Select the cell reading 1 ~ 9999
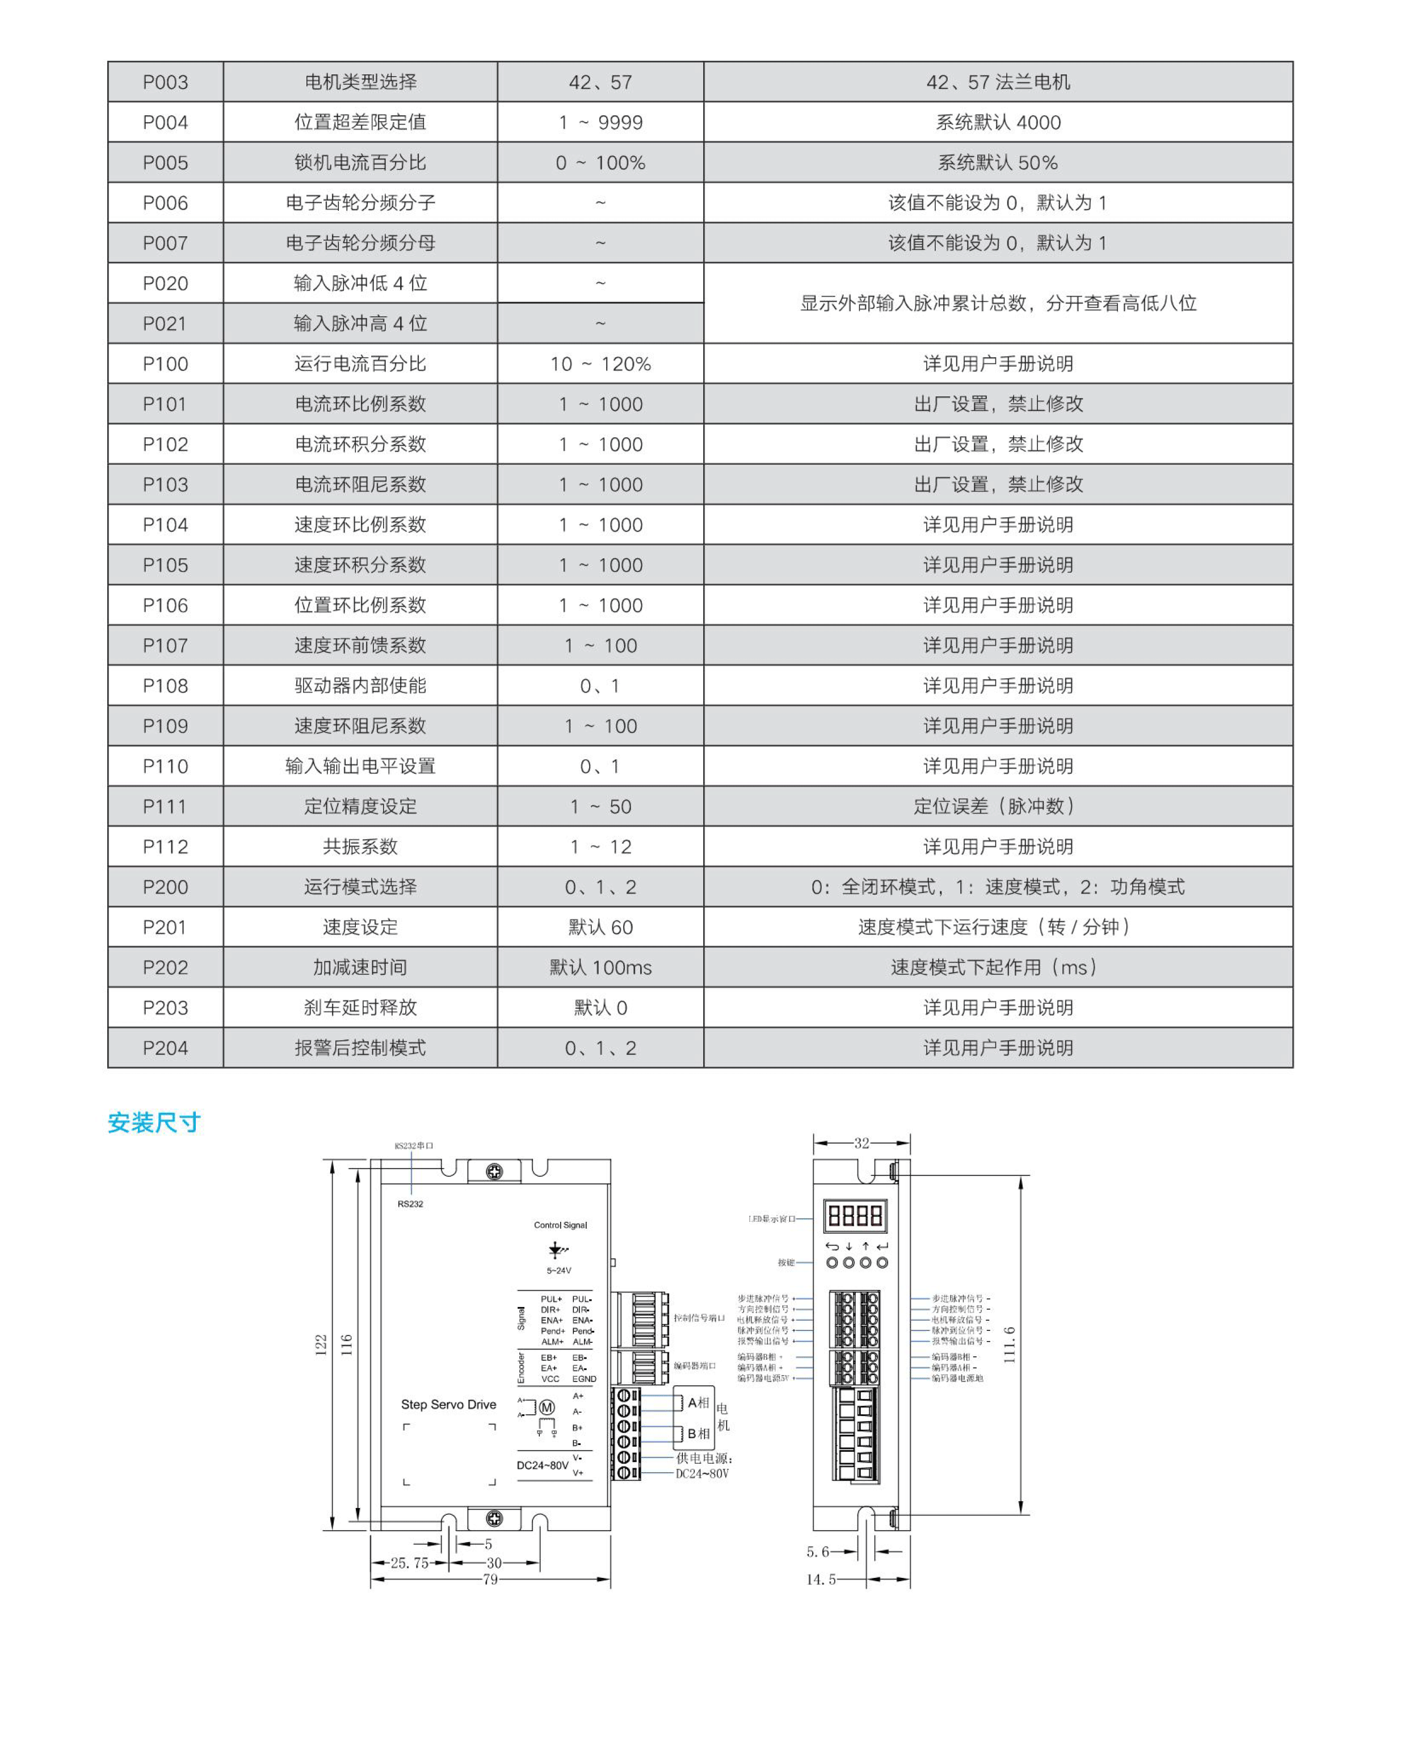[600, 123]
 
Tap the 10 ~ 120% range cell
[600, 363]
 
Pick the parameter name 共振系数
[360, 846]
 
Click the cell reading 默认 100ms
[600, 967]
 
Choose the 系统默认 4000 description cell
[998, 123]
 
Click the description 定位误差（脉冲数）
[998, 806]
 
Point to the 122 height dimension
[321, 1345]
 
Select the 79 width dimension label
[490, 1579]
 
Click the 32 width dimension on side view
[861, 1144]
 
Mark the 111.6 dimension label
[1009, 1345]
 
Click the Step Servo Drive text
[448, 1405]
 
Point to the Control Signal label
[560, 1225]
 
